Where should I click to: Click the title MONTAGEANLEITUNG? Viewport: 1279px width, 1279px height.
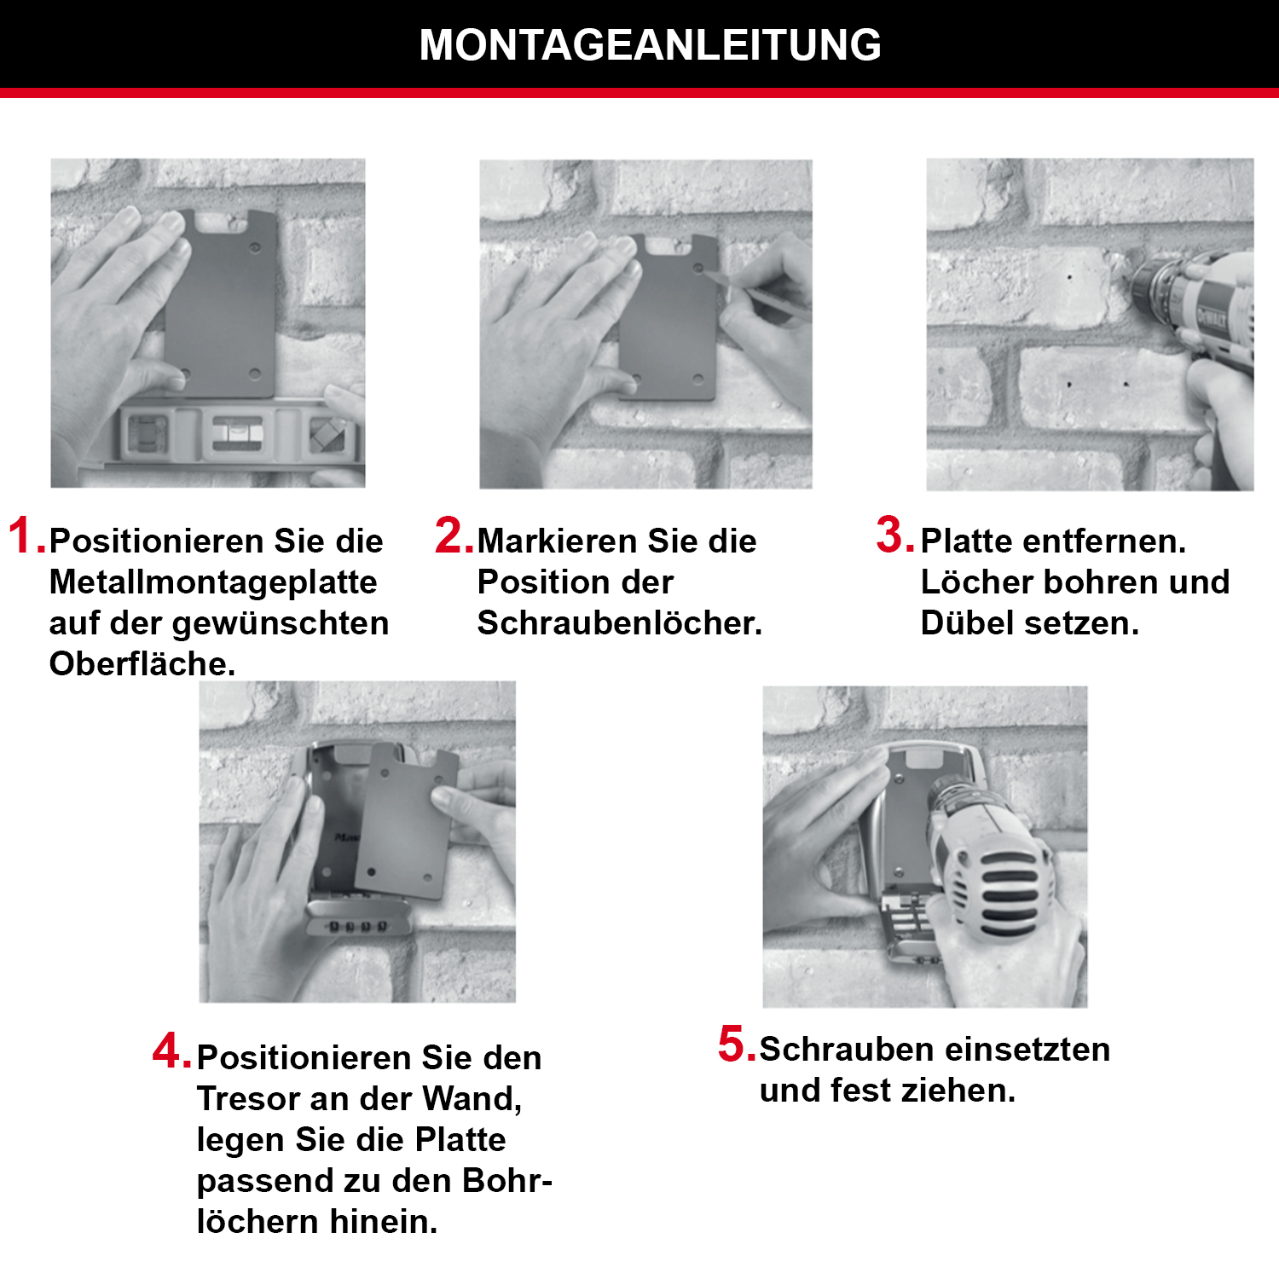[650, 45]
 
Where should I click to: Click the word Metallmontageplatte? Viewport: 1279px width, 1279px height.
[213, 582]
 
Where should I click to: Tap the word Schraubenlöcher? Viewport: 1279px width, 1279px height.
[618, 623]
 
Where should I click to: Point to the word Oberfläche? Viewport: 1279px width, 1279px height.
[142, 664]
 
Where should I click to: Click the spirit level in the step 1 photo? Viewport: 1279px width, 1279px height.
[234, 433]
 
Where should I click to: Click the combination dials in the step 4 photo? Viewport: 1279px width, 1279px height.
[358, 925]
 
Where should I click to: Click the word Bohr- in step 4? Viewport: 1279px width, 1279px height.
[506, 1181]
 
